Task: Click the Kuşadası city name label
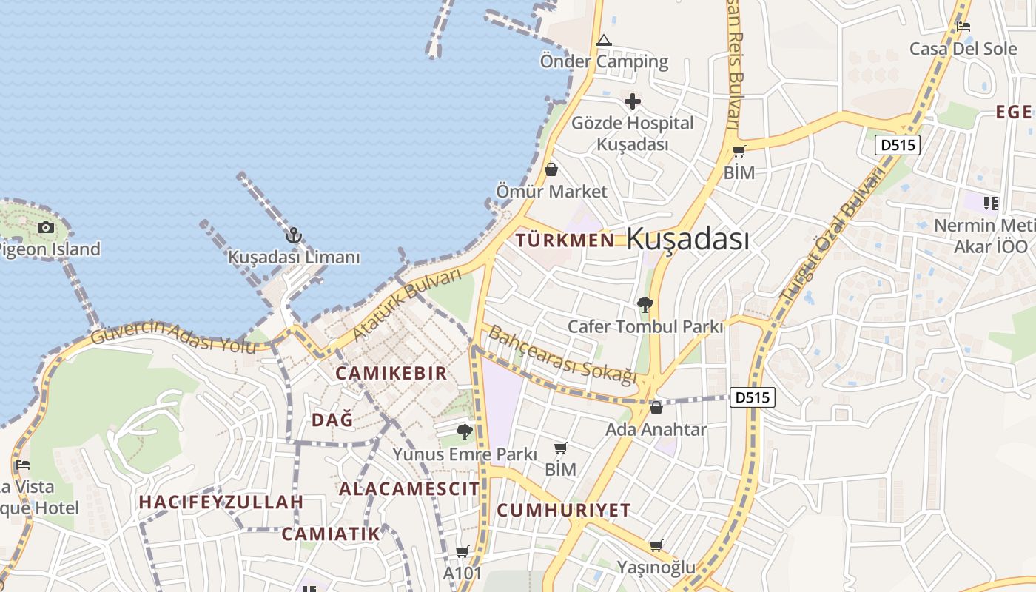click(687, 239)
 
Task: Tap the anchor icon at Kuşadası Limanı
click(294, 235)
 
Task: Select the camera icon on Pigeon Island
click(46, 227)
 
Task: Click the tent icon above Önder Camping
click(604, 40)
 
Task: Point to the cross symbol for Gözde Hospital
click(632, 101)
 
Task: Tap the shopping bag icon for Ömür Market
click(551, 169)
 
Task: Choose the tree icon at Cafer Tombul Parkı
click(645, 303)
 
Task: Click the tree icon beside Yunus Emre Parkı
click(465, 431)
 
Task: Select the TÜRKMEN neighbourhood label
click(565, 240)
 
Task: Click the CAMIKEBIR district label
click(391, 373)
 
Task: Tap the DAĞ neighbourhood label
click(332, 420)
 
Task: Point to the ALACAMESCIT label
click(409, 488)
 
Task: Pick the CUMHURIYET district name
click(564, 510)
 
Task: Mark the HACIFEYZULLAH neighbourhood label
click(221, 502)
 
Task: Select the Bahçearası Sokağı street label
click(562, 355)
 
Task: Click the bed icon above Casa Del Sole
click(963, 27)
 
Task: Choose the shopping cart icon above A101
click(462, 551)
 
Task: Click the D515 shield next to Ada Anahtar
click(753, 397)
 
